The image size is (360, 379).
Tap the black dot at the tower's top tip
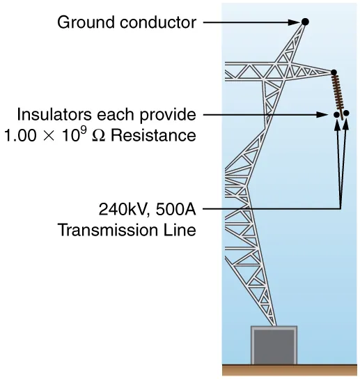[305, 22]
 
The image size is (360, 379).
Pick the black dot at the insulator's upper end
[334, 72]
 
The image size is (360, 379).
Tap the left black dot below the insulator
[336, 114]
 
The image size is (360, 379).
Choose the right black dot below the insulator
[346, 113]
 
